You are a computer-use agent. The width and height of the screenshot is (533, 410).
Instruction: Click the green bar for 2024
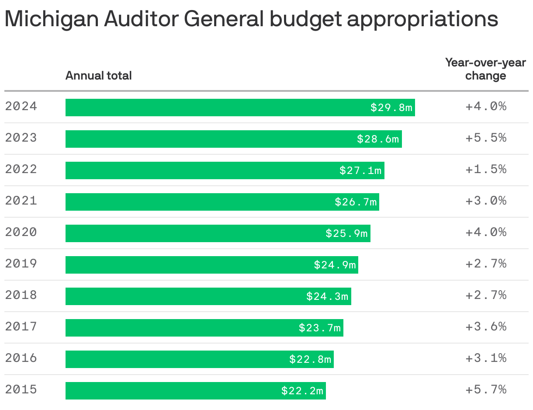point(218,108)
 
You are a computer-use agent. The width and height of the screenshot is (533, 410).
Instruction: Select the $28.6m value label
point(378,139)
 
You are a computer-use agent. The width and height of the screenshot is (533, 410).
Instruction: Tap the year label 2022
point(21,169)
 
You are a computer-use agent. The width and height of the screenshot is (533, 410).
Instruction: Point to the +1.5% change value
point(486,169)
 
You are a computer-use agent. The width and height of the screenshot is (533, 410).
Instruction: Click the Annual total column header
point(98,76)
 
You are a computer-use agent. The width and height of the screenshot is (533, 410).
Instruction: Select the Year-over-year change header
point(485,69)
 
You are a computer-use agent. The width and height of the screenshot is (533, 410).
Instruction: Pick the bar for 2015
point(175,391)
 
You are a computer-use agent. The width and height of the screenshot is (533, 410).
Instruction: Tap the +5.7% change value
point(486,389)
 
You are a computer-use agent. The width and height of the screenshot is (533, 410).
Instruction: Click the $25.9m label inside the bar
point(346,233)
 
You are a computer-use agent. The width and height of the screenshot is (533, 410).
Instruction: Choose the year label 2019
point(21,264)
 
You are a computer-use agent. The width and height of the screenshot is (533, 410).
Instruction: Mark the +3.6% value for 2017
point(486,327)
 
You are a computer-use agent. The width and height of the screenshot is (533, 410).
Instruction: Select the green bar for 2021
point(197,202)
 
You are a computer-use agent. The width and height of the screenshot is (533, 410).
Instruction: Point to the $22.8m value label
point(310,359)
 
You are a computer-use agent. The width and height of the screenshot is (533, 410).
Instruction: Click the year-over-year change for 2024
point(486,106)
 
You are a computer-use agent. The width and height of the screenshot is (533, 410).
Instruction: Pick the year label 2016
point(21,358)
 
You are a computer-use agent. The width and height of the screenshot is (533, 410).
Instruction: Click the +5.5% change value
point(486,138)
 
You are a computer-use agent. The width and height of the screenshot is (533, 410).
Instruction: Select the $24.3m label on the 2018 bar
point(327,296)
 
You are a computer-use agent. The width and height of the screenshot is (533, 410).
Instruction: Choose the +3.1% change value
point(486,358)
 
